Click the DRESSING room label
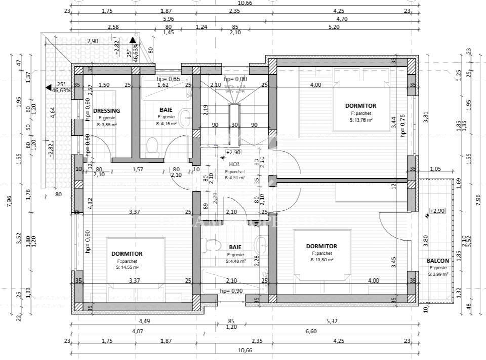(x=107, y=111)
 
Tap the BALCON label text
(x=437, y=261)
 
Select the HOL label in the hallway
(x=234, y=165)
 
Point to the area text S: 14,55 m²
(x=127, y=267)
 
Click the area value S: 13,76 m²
(x=360, y=121)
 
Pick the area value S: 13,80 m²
(x=321, y=260)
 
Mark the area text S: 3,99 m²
(x=437, y=274)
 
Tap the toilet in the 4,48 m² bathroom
(x=210, y=245)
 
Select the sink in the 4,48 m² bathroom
(x=261, y=244)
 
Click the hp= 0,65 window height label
(x=168, y=79)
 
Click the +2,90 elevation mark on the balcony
(x=437, y=211)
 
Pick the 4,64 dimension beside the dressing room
(x=52, y=112)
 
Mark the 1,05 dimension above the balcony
(x=436, y=169)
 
